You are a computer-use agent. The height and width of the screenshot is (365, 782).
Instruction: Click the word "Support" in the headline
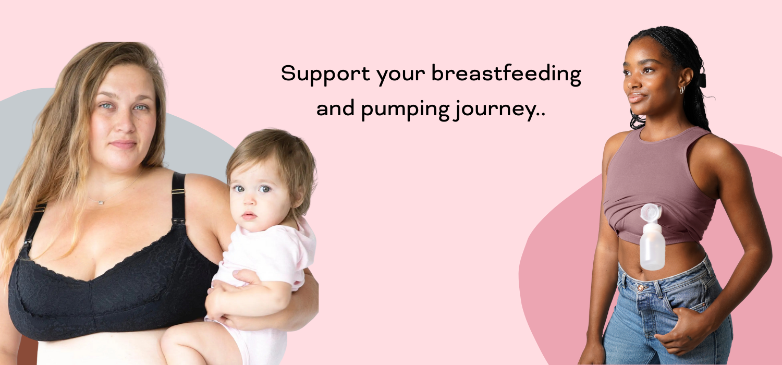tap(325, 74)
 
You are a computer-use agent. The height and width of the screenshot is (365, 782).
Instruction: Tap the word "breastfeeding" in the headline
tap(507, 74)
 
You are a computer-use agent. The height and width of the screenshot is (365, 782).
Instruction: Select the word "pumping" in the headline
tap(405, 110)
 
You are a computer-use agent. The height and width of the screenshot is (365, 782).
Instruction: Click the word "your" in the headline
tap(401, 76)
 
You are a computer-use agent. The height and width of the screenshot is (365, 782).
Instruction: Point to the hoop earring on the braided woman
tap(682, 90)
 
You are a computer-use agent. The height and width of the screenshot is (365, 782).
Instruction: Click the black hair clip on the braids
tap(702, 80)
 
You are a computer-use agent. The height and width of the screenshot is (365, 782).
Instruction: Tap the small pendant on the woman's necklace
tap(101, 202)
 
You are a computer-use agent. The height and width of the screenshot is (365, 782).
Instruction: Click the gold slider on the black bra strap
tap(178, 191)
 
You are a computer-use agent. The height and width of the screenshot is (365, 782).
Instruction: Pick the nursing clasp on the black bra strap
tap(178, 221)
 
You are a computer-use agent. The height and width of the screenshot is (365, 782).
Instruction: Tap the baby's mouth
tap(249, 215)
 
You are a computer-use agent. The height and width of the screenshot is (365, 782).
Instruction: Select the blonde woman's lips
tap(123, 144)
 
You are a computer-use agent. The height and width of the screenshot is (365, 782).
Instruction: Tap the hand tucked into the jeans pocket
tap(683, 330)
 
